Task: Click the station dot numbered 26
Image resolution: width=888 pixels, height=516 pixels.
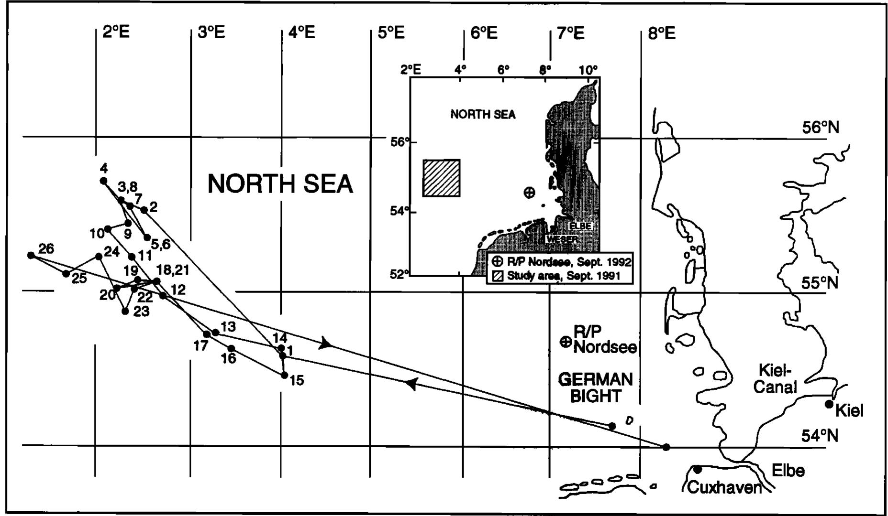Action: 31,256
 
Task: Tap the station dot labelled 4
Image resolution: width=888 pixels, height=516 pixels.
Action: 103,181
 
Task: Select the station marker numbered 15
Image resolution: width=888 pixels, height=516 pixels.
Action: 284,375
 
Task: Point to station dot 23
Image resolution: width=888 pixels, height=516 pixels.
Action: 125,311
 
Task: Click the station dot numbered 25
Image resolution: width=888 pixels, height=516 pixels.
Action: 66,273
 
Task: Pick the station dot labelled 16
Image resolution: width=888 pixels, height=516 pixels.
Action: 231,348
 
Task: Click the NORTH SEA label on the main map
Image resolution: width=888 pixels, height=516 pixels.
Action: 280,184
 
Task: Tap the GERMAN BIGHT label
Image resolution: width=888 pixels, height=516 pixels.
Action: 596,387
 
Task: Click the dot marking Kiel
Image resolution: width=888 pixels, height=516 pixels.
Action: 829,404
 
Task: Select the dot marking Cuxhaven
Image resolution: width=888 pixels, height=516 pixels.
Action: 698,469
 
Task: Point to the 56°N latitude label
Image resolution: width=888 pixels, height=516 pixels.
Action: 820,128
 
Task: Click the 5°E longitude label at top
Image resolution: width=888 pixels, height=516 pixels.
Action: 391,33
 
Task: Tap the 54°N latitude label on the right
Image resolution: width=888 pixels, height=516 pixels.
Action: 820,436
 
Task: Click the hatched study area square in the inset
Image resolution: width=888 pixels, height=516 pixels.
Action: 441,178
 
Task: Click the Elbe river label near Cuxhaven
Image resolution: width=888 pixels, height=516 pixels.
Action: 788,471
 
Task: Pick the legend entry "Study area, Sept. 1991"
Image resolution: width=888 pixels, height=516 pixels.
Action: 563,276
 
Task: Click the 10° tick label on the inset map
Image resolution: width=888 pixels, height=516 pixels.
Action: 588,70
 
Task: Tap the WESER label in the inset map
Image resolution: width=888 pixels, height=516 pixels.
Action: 561,238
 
